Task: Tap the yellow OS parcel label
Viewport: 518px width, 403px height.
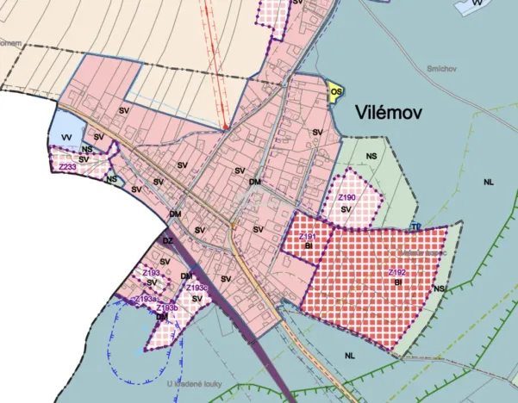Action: coord(336,90)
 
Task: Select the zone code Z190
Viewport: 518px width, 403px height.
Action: coord(346,198)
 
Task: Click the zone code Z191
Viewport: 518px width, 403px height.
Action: coord(308,236)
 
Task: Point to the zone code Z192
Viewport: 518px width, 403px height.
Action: coord(397,272)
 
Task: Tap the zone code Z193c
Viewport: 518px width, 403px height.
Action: coord(197,288)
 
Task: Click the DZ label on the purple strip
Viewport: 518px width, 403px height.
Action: coord(168,241)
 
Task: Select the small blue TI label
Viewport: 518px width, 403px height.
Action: coord(415,227)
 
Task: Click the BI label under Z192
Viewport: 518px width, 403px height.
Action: coord(398,282)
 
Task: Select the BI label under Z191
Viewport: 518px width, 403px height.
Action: coord(308,245)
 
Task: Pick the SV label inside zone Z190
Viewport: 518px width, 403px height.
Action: coord(346,209)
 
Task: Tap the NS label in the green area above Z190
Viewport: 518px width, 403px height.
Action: coord(371,156)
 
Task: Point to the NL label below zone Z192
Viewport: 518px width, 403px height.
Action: coord(349,354)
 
